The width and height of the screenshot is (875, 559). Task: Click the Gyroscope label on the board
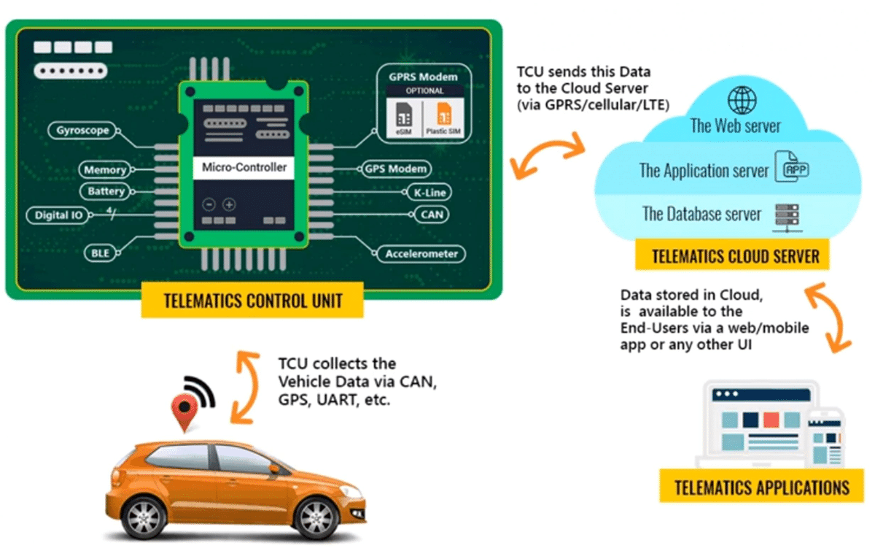82,131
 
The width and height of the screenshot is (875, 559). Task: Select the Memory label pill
105,170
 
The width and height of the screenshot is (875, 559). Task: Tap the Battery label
106,191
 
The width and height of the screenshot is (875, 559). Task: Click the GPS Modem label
395,169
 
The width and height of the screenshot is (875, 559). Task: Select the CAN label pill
430,215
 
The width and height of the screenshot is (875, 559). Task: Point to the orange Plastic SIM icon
442,116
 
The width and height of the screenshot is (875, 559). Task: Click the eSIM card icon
403,116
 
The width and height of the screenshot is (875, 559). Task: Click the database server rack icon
786,215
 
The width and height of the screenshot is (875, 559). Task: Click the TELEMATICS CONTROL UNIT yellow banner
252,300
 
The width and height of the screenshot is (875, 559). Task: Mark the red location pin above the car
184,410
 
